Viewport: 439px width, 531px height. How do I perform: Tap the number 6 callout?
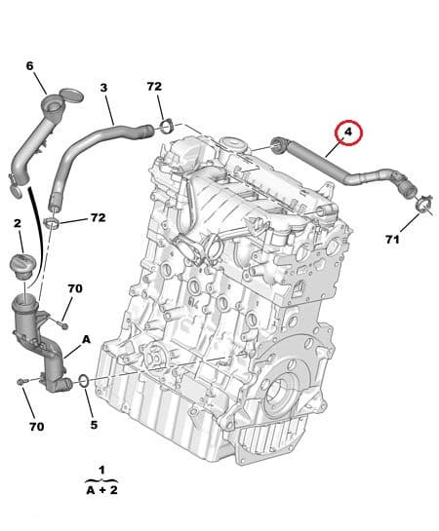29,65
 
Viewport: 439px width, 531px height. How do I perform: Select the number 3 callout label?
104,88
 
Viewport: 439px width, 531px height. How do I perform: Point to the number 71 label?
392,239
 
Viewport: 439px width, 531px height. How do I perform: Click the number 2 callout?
17,224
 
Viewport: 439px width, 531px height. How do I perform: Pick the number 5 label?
94,424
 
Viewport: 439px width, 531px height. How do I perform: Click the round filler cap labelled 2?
22,264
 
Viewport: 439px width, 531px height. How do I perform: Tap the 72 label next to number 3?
154,87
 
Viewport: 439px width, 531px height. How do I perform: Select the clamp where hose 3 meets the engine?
167,126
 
